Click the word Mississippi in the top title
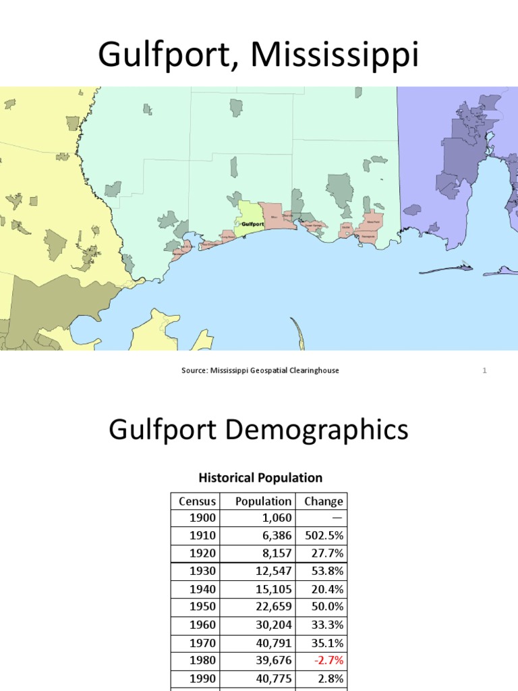[x=335, y=55]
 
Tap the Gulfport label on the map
[x=252, y=224]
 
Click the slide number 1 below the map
[x=485, y=370]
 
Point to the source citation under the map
[x=260, y=370]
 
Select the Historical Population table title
[x=260, y=478]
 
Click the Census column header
[x=198, y=501]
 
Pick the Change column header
[x=324, y=501]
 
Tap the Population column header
[x=264, y=501]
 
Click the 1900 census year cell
[x=202, y=518]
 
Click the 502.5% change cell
[x=324, y=536]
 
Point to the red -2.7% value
[x=329, y=659]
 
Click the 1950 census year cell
[x=202, y=606]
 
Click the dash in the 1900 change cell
[x=337, y=518]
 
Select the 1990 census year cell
[x=202, y=676]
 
